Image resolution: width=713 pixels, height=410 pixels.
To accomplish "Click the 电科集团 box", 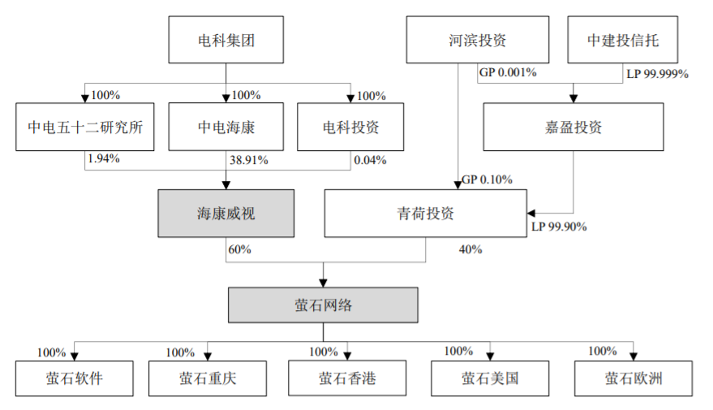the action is click(x=226, y=40).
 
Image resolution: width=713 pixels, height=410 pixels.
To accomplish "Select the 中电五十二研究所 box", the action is click(x=85, y=127).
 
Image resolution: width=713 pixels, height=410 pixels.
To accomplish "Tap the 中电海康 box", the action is click(x=226, y=127).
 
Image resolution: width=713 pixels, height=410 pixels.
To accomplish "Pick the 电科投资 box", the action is click(x=350, y=127).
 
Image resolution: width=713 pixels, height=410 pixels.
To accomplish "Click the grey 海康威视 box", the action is click(x=226, y=214).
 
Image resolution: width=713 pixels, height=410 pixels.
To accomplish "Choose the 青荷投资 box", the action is click(x=426, y=214).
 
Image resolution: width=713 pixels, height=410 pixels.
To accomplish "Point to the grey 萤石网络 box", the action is click(x=323, y=305).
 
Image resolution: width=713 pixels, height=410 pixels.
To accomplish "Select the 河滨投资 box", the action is click(x=478, y=40).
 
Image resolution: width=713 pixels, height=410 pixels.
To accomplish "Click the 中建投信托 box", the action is click(x=622, y=40).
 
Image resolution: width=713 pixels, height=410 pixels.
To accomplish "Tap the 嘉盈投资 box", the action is click(x=573, y=127).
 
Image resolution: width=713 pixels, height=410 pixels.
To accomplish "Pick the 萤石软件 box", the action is click(x=75, y=378).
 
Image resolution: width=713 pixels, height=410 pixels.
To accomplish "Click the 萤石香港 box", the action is click(x=347, y=378).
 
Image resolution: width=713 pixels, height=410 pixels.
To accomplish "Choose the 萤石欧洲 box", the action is click(x=634, y=378).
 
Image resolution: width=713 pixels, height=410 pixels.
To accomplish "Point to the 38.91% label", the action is click(x=249, y=160).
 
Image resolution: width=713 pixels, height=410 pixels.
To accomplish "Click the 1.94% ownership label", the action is click(x=104, y=158).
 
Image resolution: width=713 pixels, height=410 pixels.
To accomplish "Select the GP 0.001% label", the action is click(x=508, y=72).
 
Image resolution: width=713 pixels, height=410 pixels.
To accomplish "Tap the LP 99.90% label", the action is click(x=560, y=227).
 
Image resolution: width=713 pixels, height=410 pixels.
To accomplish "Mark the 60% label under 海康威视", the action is click(x=239, y=249).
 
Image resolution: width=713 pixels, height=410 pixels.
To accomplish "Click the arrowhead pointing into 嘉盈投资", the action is click(x=573, y=98).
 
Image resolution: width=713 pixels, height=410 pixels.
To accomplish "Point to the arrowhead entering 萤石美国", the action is click(x=490, y=356).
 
